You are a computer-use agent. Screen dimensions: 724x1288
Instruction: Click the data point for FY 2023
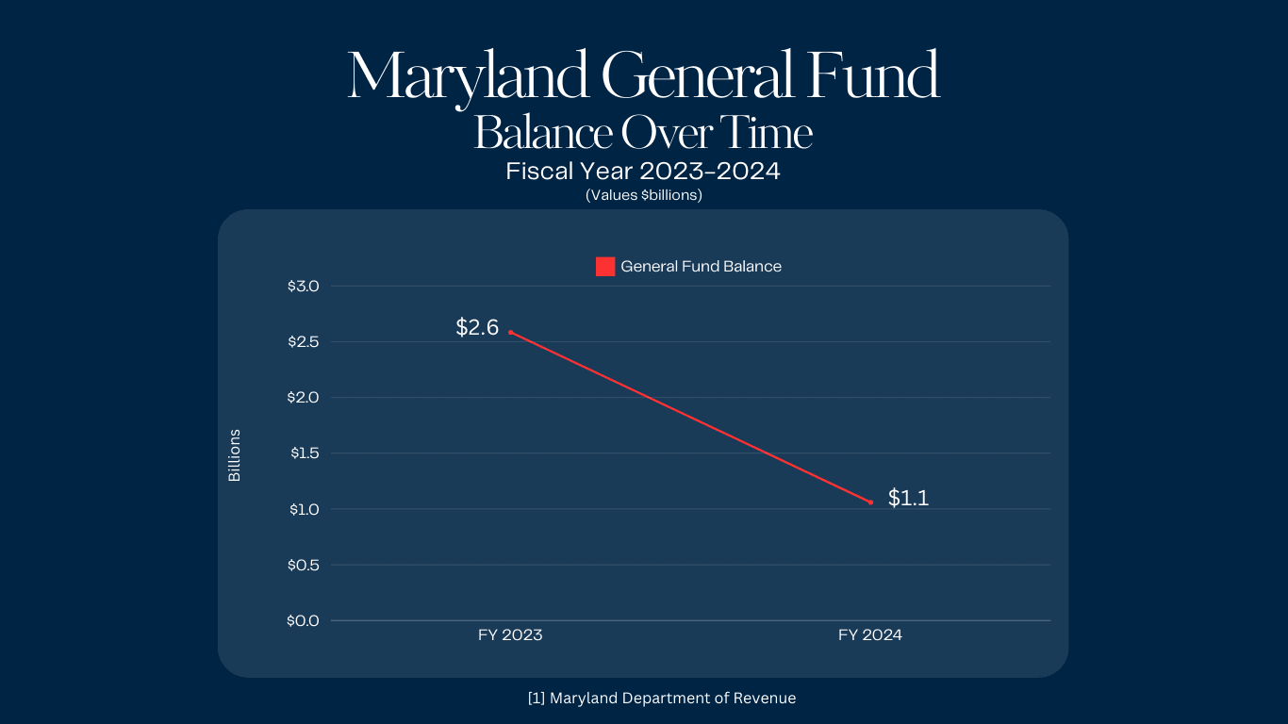pos(511,332)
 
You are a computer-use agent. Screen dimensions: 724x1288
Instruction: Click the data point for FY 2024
pos(870,502)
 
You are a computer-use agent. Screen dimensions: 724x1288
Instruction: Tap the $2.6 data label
pos(477,327)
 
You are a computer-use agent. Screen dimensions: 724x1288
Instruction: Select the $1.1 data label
pos(908,499)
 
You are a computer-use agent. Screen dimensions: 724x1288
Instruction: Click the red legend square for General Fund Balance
pos(605,267)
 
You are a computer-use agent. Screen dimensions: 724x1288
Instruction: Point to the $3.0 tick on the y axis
pos(304,286)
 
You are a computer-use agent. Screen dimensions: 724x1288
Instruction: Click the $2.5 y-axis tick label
pos(304,341)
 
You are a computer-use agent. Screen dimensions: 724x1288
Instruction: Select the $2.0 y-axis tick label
pos(304,397)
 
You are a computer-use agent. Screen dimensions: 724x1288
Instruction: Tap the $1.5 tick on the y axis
pos(304,453)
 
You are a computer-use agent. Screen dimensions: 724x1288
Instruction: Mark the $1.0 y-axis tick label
pos(304,509)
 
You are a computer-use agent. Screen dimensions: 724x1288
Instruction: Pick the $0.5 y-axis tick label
pos(304,565)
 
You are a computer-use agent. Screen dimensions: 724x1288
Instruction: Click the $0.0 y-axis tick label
pos(304,620)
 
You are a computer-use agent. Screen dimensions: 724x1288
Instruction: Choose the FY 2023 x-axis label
pos(510,635)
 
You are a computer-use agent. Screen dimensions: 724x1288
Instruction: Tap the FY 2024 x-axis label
pos(870,635)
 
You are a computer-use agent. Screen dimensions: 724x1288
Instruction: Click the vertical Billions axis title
pos(235,455)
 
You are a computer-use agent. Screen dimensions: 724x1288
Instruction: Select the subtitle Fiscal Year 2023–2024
pos(643,173)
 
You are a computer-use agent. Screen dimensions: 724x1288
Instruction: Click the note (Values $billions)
pos(643,196)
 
